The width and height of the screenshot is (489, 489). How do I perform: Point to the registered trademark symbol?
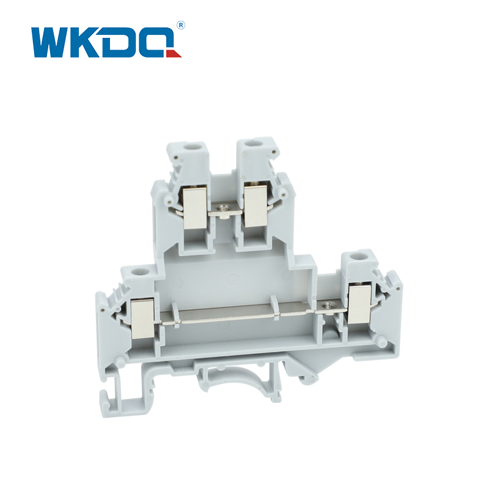(181, 25)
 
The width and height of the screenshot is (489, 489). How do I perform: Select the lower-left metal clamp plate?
(142, 318)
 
